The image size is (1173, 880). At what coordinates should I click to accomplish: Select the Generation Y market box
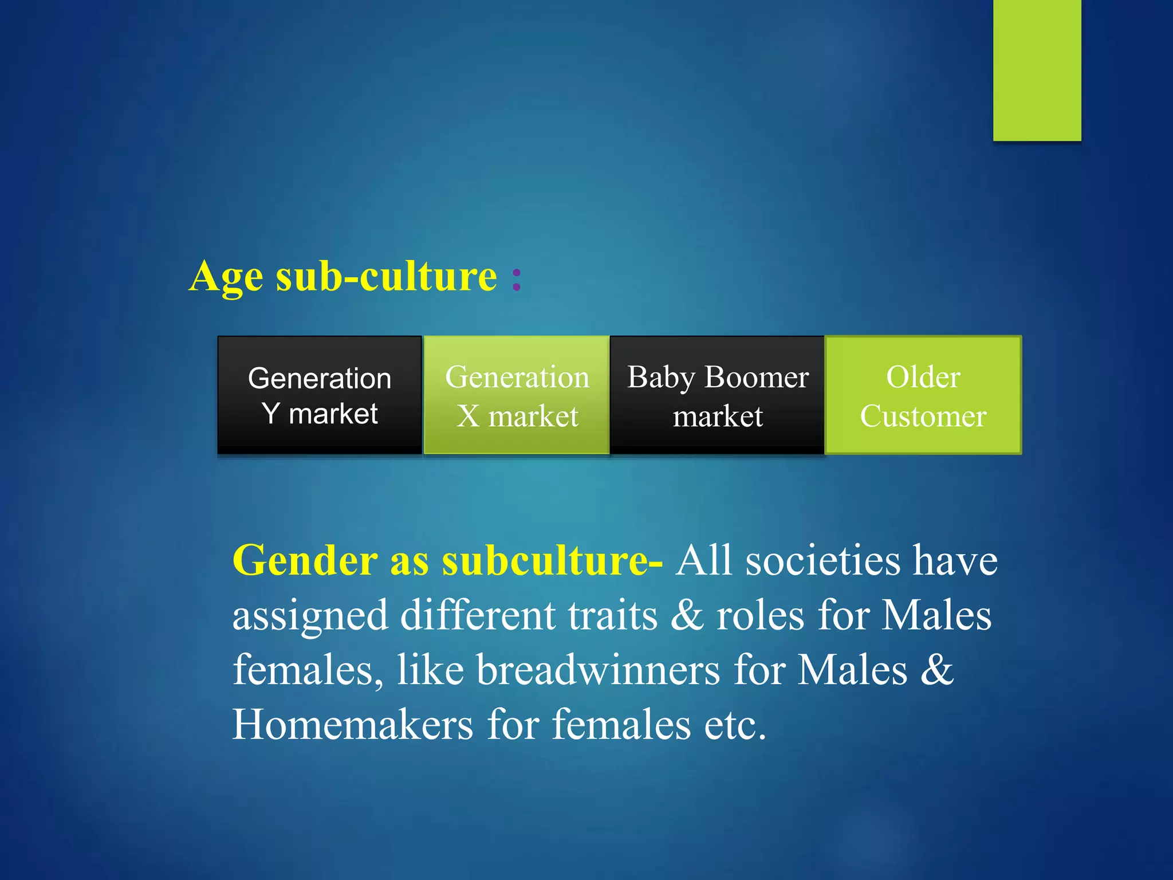coord(320,395)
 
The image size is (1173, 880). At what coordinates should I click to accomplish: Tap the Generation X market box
coord(517,395)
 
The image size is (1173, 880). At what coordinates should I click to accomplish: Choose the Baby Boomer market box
coord(718,395)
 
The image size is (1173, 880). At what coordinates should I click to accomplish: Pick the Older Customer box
coord(923,395)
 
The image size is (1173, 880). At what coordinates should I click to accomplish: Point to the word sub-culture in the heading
coord(387,277)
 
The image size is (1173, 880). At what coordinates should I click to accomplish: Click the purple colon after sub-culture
coord(517,279)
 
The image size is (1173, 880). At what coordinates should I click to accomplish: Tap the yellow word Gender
coord(304,560)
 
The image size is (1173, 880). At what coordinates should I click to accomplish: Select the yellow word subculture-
coord(552,560)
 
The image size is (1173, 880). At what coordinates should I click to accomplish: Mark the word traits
coord(612,615)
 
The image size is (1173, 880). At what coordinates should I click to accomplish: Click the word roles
coord(760,615)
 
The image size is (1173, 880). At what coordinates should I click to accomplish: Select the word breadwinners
coord(598,670)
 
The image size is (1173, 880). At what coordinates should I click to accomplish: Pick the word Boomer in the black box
coord(757,377)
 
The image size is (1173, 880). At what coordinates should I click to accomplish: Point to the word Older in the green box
coord(923,377)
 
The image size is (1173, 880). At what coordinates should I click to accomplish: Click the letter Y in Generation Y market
coord(271,413)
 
